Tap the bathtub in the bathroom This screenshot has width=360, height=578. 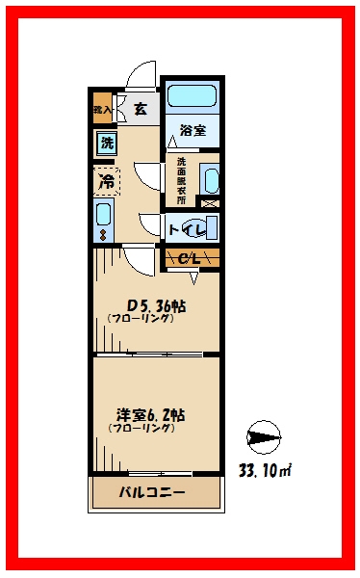(x=193, y=96)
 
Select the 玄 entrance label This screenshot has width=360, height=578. (x=141, y=109)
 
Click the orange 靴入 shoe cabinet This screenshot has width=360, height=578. (x=102, y=109)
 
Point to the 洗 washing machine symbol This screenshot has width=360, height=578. (x=106, y=144)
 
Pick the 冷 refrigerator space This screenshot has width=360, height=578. (x=106, y=179)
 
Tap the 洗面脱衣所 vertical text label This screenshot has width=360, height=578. (x=181, y=178)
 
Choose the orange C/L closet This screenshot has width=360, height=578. (x=191, y=257)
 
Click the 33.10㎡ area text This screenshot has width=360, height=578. (x=265, y=471)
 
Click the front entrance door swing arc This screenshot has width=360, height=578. (x=141, y=74)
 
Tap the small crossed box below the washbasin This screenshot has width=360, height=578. (x=210, y=202)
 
